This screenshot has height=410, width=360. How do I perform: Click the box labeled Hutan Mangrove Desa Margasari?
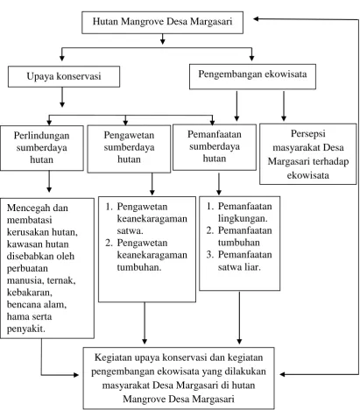click(162, 23)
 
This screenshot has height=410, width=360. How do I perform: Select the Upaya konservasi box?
click(64, 76)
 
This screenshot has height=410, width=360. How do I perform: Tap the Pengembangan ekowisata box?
click(252, 76)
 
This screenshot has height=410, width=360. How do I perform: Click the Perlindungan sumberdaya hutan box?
click(42, 148)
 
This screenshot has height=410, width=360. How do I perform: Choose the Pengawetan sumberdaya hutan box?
click(129, 149)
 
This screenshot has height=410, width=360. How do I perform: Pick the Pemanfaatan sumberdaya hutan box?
click(215, 147)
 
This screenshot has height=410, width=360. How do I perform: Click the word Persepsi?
click(308, 134)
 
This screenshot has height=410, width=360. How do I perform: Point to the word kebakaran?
click(29, 293)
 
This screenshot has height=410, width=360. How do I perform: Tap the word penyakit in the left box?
click(26, 329)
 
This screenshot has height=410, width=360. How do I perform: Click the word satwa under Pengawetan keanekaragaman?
click(130, 231)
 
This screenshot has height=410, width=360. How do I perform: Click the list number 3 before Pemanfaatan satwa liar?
click(210, 255)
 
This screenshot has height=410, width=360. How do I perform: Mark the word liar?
click(252, 267)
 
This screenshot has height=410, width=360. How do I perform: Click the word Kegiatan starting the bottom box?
click(113, 358)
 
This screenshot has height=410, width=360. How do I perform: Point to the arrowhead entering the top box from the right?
click(257, 19)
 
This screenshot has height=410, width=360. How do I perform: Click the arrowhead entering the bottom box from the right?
click(283, 374)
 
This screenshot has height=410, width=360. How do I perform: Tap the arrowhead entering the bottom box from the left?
click(75, 375)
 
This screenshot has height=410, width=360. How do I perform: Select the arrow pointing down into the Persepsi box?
click(284, 106)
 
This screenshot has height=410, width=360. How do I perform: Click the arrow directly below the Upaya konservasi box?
click(62, 97)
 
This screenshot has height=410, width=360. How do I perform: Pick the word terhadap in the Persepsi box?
click(332, 161)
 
